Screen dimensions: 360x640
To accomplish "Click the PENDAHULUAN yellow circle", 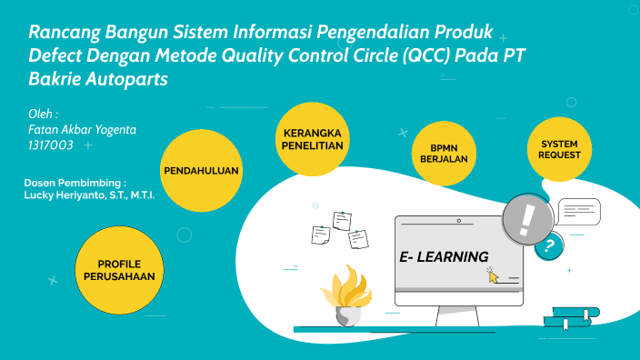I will [x=201, y=170].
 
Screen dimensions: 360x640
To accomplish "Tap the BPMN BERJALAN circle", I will [x=444, y=152].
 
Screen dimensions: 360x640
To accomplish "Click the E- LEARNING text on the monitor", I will [x=444, y=256].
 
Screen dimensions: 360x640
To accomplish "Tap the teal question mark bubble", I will [x=548, y=245].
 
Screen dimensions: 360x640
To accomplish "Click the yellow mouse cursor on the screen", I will [x=494, y=275].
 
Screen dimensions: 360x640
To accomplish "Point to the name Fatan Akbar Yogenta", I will [x=83, y=130].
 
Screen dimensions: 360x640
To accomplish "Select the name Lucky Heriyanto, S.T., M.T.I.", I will [x=89, y=195].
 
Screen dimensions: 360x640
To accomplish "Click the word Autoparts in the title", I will [x=125, y=79].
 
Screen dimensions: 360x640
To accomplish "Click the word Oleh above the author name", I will [x=43, y=115].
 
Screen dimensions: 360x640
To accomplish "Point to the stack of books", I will [x=570, y=316].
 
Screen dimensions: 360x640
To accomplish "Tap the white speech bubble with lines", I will [x=579, y=213].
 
